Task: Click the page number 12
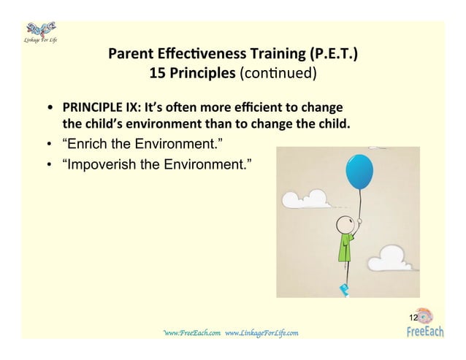point(413,318)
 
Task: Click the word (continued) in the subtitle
point(281,73)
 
